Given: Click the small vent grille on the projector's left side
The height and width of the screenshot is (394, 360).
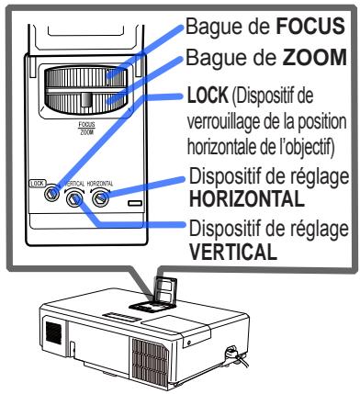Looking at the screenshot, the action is pos(53,328).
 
